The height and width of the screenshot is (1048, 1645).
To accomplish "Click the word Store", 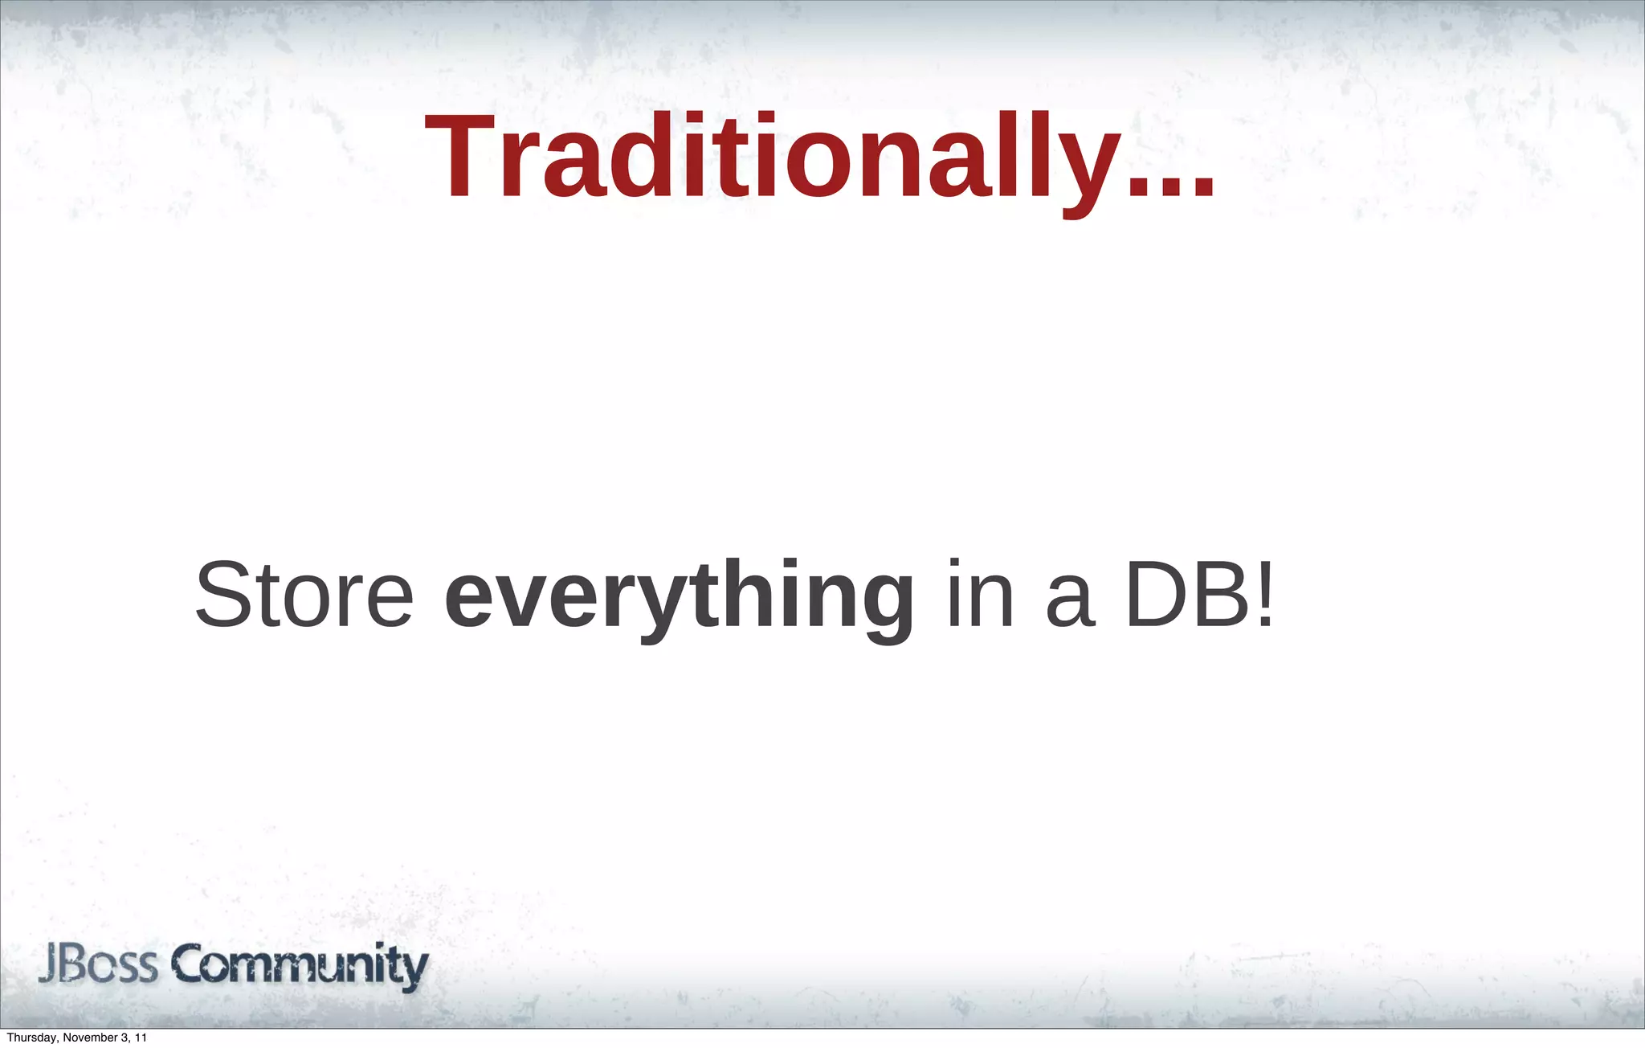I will click(304, 596).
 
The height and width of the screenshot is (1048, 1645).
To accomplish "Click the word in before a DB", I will click(980, 595).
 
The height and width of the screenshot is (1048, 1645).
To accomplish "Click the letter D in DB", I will click(1157, 595).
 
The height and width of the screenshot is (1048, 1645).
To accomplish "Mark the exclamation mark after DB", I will click(1264, 595).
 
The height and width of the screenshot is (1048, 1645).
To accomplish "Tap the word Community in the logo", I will click(300, 967).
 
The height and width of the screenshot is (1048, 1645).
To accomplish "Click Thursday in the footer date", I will click(31, 1038).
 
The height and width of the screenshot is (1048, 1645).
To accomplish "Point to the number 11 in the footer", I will click(141, 1038).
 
